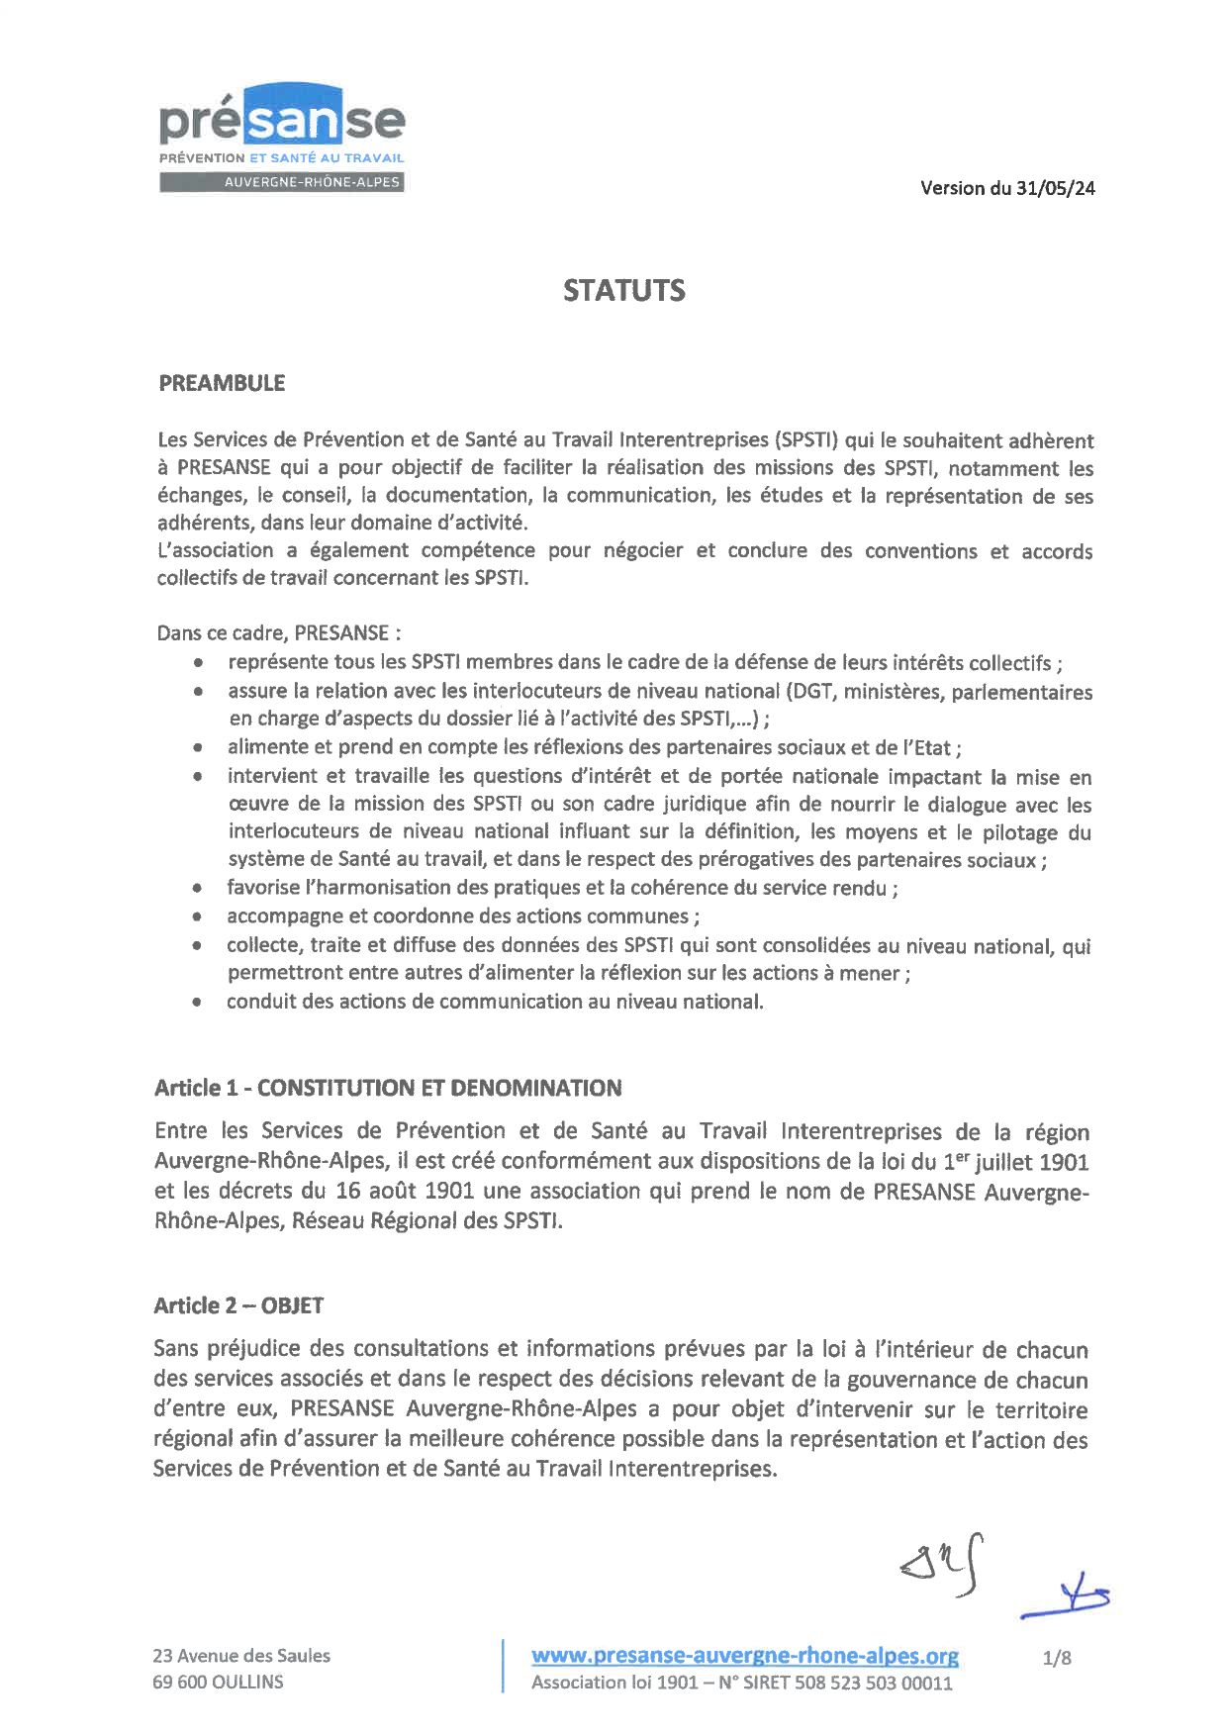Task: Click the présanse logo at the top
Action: (x=282, y=124)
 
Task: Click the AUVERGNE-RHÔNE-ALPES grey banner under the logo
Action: (x=282, y=182)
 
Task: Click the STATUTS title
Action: (x=623, y=290)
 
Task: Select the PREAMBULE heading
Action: (x=222, y=383)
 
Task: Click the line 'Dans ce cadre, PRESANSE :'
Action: (x=278, y=632)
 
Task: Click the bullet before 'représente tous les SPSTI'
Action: (x=201, y=663)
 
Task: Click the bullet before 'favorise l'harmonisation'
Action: (x=200, y=888)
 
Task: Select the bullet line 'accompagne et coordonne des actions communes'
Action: (x=463, y=916)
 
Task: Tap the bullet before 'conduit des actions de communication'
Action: (x=200, y=1002)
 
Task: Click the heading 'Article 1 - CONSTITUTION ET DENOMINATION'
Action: (x=388, y=1088)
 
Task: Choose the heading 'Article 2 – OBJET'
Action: (x=238, y=1305)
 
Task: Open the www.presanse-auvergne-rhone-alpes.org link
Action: (x=745, y=1655)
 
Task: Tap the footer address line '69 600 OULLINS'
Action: (x=218, y=1682)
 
